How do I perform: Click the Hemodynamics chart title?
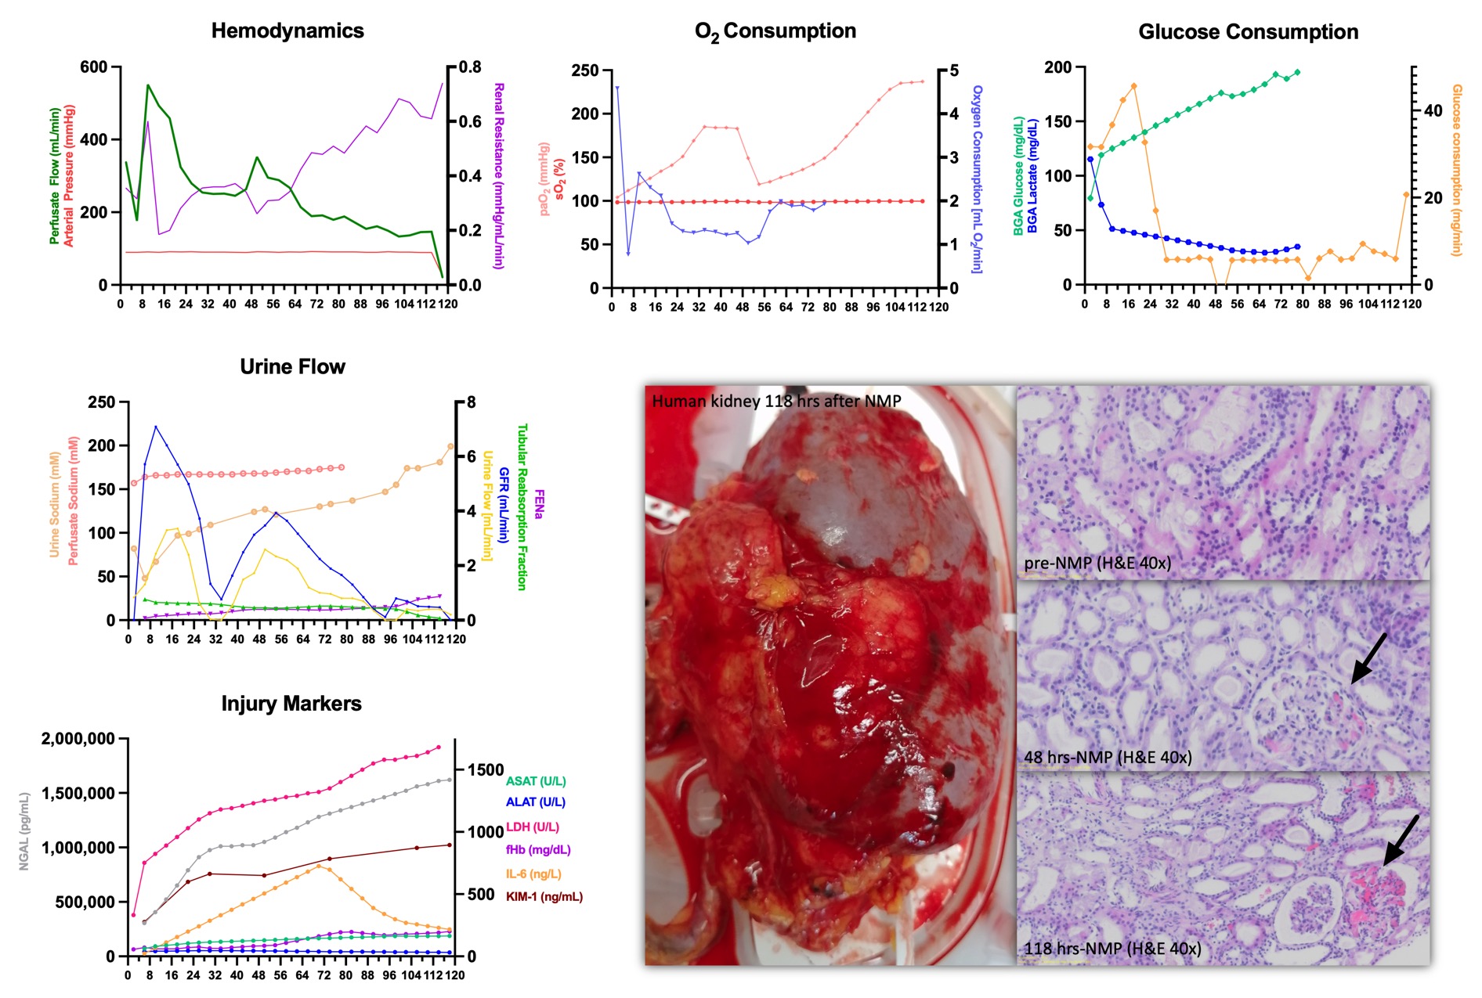287,31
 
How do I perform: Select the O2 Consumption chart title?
775,32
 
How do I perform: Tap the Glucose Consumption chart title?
1248,32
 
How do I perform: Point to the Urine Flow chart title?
292,367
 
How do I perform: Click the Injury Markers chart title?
291,704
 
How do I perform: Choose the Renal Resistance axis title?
498,175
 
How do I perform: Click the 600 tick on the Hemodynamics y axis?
94,67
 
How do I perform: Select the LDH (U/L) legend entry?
533,827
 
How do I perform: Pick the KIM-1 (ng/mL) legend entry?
544,896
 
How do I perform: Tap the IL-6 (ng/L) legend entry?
533,874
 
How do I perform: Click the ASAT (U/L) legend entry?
536,781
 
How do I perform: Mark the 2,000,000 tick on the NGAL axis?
78,739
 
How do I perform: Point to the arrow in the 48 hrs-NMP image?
1368,659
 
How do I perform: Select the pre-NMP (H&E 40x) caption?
1097,564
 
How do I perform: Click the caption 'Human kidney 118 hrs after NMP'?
776,402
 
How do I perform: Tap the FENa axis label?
539,504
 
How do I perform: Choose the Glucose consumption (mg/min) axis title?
1457,170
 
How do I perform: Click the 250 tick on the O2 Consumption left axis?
585,71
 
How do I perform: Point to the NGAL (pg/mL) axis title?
24,831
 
